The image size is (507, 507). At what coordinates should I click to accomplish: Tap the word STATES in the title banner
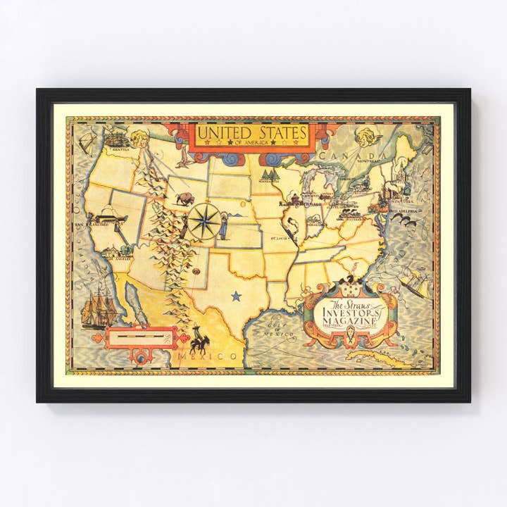click(x=280, y=132)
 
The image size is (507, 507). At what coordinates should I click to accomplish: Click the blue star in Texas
click(x=236, y=296)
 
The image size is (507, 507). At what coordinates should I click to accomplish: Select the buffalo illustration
click(x=184, y=199)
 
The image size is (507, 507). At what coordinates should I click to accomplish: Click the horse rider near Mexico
click(x=199, y=342)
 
